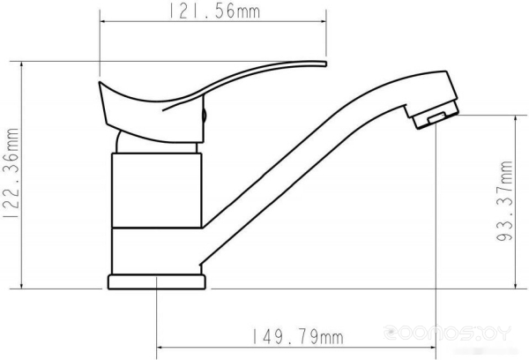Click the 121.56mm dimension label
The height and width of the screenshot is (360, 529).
[214, 11]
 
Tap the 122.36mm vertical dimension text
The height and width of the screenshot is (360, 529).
[11, 173]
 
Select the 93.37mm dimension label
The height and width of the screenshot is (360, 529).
[504, 200]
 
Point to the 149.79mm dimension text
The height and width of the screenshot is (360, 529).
[298, 337]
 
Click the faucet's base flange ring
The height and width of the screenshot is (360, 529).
[157, 282]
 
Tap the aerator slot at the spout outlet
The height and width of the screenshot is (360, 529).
[436, 118]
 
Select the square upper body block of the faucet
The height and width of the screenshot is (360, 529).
[157, 191]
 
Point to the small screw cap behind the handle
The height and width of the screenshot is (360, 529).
[204, 116]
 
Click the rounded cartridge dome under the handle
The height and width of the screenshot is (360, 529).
[155, 144]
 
